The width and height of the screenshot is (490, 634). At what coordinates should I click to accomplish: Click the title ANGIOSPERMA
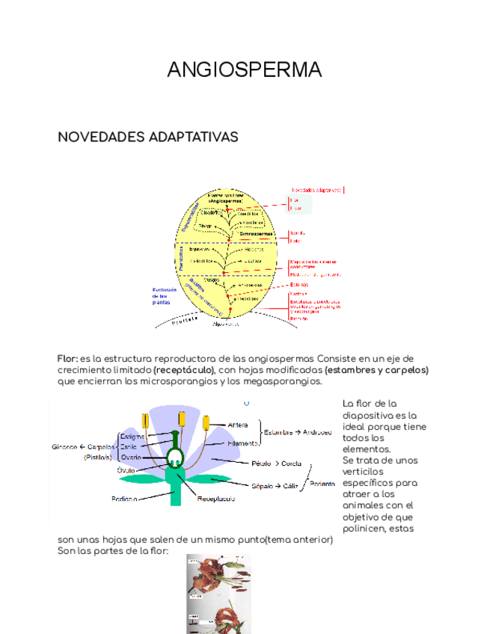[x=245, y=70]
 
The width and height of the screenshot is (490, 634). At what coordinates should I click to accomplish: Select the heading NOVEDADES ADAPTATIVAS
[x=148, y=138]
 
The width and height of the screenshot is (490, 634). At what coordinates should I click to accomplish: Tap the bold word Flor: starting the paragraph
[x=67, y=358]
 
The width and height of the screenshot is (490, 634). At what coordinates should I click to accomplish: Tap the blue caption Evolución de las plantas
[x=163, y=296]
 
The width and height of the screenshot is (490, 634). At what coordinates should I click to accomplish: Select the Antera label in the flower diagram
[x=238, y=425]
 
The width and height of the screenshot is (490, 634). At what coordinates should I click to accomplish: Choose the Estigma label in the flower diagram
[x=132, y=437]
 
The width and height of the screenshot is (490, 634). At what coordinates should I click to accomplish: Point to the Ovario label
[x=132, y=457]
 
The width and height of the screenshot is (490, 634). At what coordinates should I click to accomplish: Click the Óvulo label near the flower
[x=126, y=471]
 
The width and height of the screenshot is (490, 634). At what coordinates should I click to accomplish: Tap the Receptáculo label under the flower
[x=217, y=498]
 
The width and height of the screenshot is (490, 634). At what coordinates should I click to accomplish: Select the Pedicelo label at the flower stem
[x=124, y=499]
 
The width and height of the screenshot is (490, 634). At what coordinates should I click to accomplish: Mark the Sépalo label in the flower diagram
[x=263, y=485]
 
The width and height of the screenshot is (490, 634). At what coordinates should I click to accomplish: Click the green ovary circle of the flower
[x=175, y=458]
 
